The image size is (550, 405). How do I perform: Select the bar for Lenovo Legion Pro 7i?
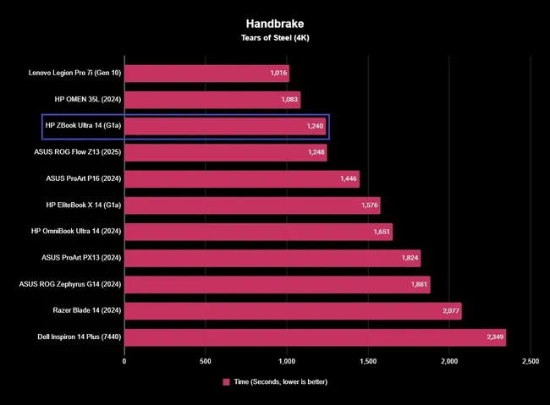pyautogui.click(x=206, y=74)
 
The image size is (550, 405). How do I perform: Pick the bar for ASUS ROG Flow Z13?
pyautogui.click(x=225, y=153)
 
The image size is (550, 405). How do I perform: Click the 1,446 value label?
pyautogui.click(x=346, y=179)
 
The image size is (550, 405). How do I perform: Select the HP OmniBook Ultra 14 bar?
pyautogui.click(x=258, y=232)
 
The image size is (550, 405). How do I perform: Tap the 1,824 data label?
pyautogui.click(x=407, y=258)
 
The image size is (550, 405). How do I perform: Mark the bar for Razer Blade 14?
pyautogui.click(x=293, y=311)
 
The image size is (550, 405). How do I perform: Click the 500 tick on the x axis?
pyautogui.click(x=206, y=361)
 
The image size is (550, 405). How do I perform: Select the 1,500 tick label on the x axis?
pyautogui.click(x=368, y=361)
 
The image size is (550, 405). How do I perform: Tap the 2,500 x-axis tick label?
pyautogui.click(x=530, y=361)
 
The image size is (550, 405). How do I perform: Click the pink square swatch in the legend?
pyautogui.click(x=227, y=382)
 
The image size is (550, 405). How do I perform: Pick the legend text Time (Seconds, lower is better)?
pyautogui.click(x=280, y=382)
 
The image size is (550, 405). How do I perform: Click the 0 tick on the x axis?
pyautogui.click(x=124, y=361)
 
